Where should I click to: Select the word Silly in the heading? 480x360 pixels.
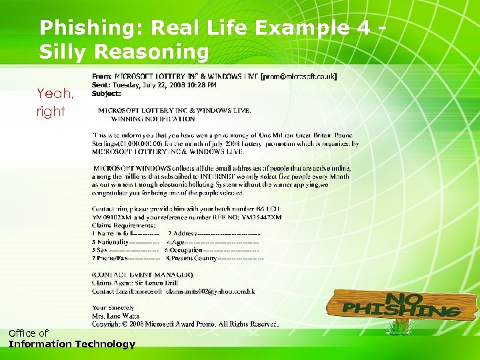click(x=65, y=51)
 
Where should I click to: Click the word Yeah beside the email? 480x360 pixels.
click(x=55, y=93)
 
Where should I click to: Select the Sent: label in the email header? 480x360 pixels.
click(x=101, y=85)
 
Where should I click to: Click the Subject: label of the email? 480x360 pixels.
click(x=107, y=94)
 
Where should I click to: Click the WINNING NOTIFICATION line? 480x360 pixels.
click(x=153, y=119)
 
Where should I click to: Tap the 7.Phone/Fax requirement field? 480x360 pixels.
click(x=126, y=258)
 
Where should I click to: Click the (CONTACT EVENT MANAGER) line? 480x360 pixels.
click(x=143, y=275)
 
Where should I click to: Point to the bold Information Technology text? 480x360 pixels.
click(x=72, y=344)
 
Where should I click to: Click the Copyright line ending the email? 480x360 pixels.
click(x=185, y=324)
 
